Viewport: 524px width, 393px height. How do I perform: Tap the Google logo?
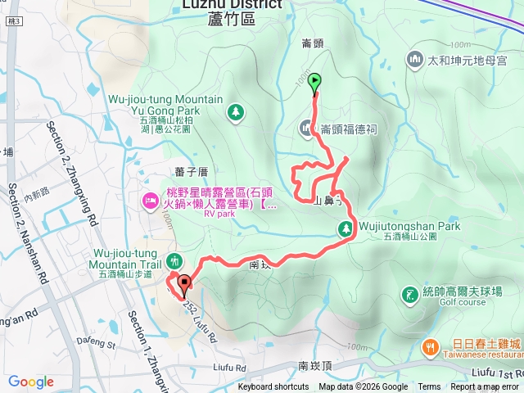(x=31, y=382)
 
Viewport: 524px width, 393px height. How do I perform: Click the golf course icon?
(x=409, y=294)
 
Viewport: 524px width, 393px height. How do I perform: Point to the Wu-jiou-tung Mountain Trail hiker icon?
(x=173, y=262)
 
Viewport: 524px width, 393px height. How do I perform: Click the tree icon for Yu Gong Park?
(x=235, y=111)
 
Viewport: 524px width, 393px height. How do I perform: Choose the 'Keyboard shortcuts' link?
(x=273, y=387)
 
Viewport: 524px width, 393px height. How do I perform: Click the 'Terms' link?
(x=429, y=387)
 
